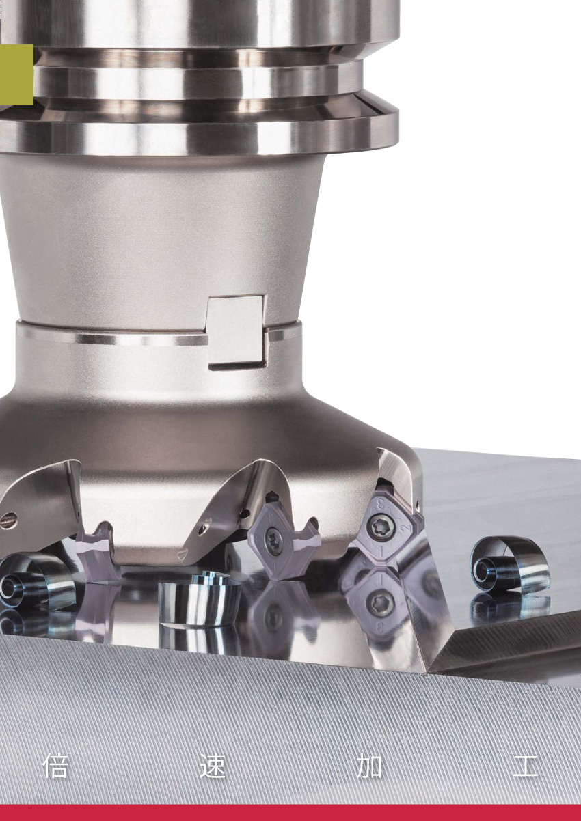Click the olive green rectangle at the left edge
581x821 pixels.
[x=16, y=74]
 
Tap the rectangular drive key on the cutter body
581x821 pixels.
[x=236, y=332]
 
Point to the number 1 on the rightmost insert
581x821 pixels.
[x=381, y=550]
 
